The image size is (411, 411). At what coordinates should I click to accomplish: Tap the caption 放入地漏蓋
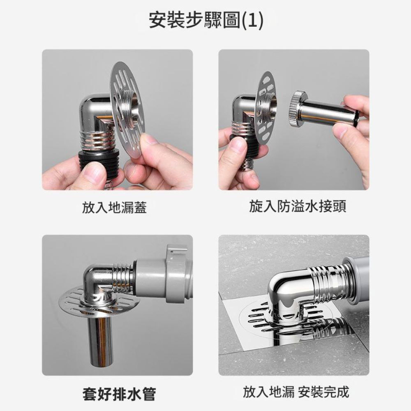pos(114,208)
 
